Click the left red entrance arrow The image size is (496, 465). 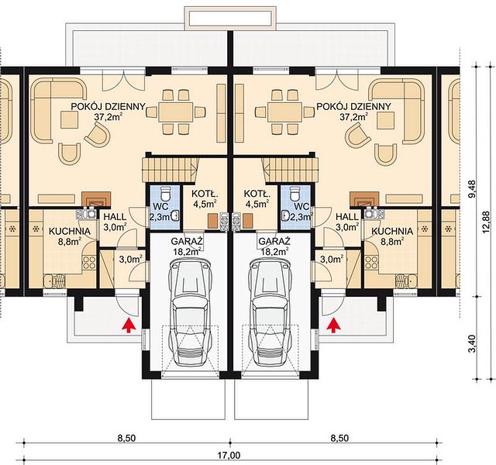[x=129, y=325]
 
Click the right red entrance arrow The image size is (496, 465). [x=332, y=325]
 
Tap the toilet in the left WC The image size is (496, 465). [x=165, y=193]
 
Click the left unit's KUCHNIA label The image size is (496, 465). [x=70, y=231]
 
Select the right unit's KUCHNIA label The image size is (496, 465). [x=392, y=231]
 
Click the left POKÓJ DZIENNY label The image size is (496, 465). [x=108, y=106]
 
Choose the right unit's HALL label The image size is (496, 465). [x=347, y=217]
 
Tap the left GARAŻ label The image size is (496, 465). [x=187, y=241]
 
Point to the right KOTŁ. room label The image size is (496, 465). [x=257, y=193]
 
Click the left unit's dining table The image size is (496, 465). [x=176, y=112]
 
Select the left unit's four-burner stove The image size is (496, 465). [x=89, y=262]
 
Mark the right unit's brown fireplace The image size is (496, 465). [x=364, y=199]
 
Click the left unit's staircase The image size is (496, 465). [x=170, y=170]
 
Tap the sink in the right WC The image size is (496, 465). [x=288, y=215]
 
